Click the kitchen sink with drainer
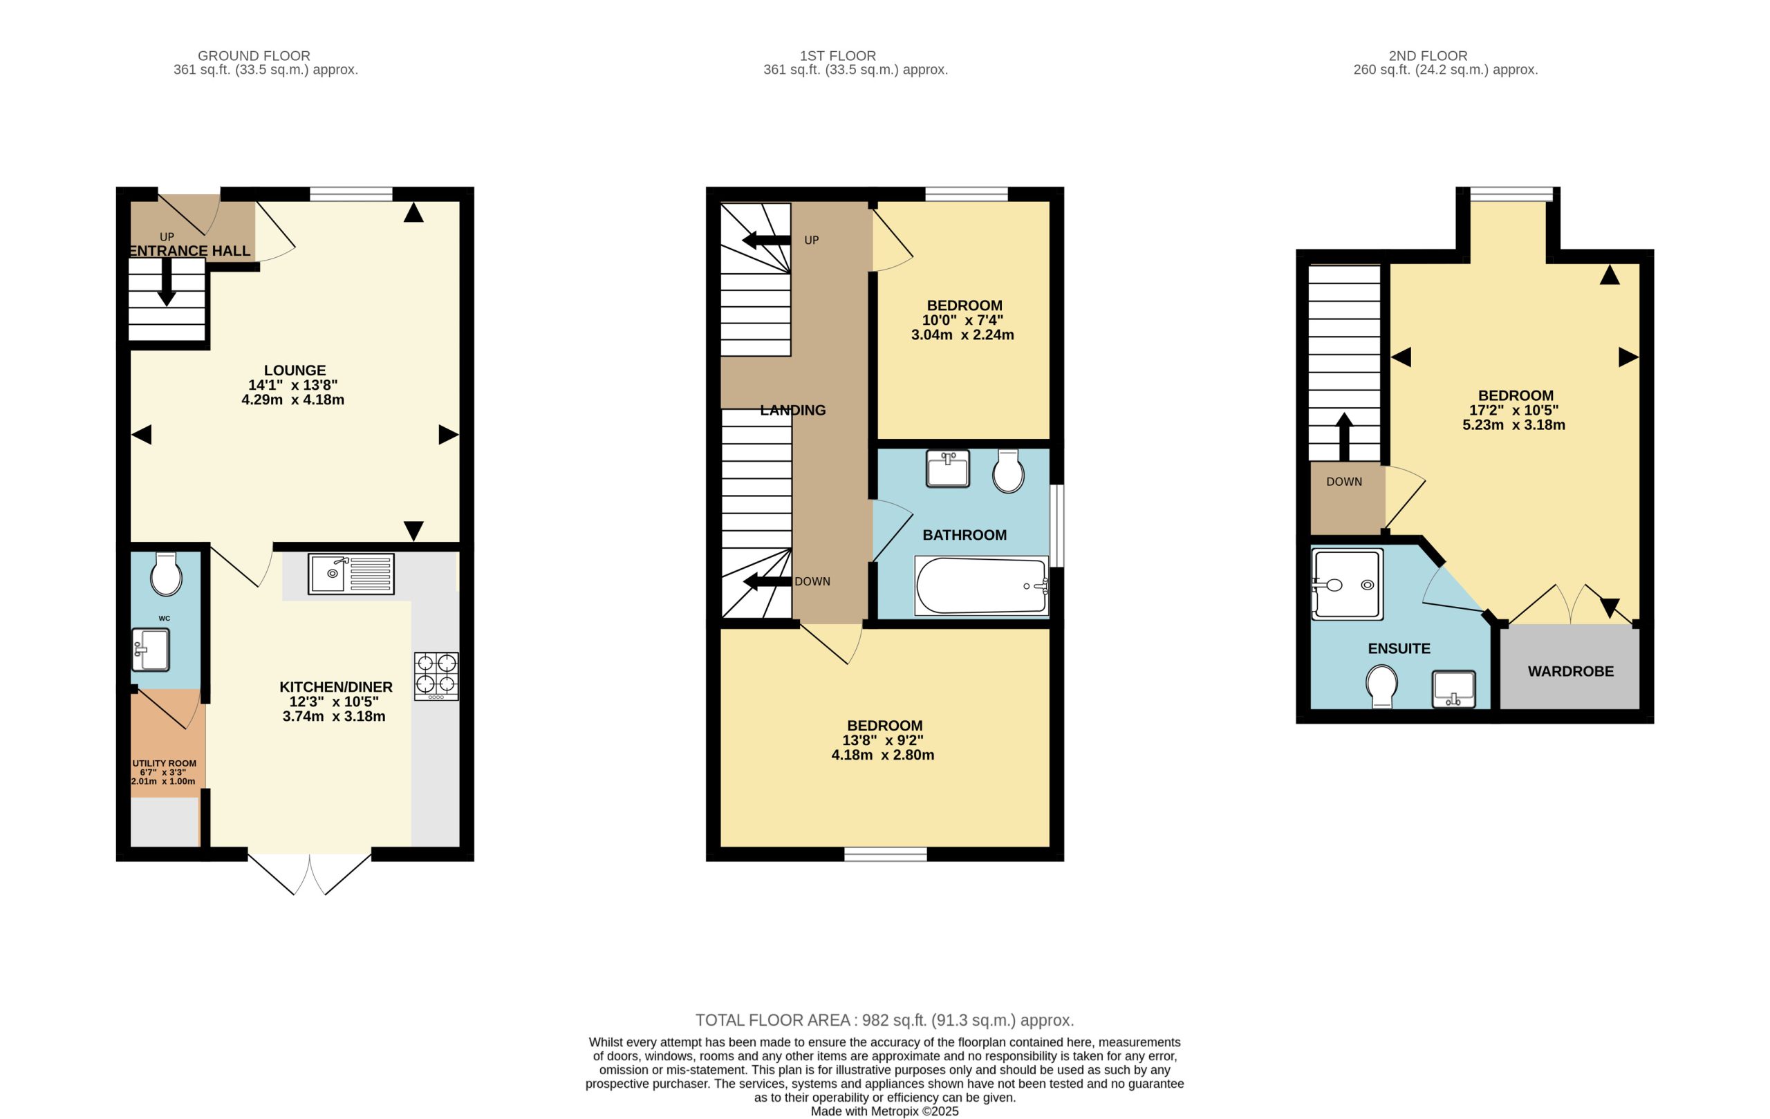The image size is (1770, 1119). coord(351,574)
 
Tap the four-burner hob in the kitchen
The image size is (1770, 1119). coord(436,676)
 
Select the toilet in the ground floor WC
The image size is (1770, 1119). coord(166,574)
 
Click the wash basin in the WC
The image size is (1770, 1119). coord(151,650)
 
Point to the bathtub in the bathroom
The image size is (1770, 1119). coord(981,585)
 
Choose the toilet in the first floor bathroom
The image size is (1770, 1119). coord(1008,471)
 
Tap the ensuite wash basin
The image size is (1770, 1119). coord(1454,689)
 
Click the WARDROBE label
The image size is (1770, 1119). coord(1571,672)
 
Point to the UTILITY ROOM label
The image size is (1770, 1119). coord(164,763)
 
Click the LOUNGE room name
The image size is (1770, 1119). coord(295,370)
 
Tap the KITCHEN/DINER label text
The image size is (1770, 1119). coord(336,687)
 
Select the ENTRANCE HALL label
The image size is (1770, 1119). coord(189,250)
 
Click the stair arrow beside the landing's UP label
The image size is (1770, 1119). coord(766,241)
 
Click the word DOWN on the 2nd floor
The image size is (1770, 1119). coord(1344,482)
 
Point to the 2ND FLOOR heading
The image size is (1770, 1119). coord(1428,56)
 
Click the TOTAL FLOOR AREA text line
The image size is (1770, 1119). coord(885,1019)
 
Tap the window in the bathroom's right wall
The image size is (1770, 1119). coord(1056,525)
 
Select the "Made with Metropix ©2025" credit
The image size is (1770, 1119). coord(885,1111)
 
